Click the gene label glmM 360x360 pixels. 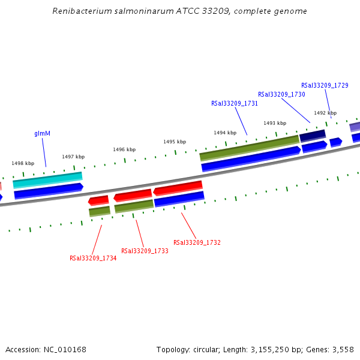tap(42, 133)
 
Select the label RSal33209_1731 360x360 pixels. tap(235, 103)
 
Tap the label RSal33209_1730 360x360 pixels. tap(281, 94)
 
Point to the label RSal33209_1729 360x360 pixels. tap(325, 85)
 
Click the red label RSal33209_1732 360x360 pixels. tap(197, 242)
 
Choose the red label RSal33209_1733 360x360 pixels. tap(145, 251)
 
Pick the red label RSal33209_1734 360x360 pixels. tap(93, 259)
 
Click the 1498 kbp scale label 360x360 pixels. tap(23, 163)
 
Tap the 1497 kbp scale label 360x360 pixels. tap(73, 157)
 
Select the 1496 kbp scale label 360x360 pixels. tap(124, 149)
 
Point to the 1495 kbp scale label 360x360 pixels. tap(175, 142)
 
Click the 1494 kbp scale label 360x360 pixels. tap(225, 133)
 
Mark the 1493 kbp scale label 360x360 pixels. tap(275, 123)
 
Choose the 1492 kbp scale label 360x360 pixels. tap(325, 113)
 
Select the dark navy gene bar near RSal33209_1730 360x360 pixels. tap(313, 136)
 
